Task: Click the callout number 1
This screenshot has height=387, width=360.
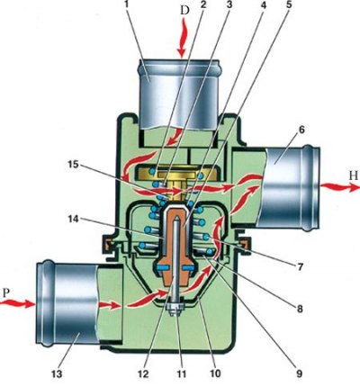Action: point(127,5)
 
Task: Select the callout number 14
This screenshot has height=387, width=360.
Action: point(72,220)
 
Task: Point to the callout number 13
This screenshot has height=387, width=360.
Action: point(57,373)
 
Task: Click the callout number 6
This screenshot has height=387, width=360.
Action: point(301,130)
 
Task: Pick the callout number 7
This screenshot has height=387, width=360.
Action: point(300,265)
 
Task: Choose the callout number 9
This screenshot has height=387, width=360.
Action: point(299,373)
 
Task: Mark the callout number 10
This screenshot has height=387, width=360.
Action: point(215,373)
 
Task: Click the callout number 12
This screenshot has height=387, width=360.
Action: point(143,373)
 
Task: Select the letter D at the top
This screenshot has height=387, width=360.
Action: point(185,10)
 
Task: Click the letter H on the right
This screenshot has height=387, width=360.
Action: point(354,176)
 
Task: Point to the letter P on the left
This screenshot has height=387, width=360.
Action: point(6,292)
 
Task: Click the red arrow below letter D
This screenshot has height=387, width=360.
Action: point(183,38)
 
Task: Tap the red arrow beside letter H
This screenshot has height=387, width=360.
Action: point(339,187)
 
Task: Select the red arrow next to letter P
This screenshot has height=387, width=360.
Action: point(17,304)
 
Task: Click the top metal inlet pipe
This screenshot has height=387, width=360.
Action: point(179,95)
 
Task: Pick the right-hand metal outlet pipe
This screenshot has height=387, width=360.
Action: point(288,188)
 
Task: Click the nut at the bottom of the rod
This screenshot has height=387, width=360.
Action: point(175,308)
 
